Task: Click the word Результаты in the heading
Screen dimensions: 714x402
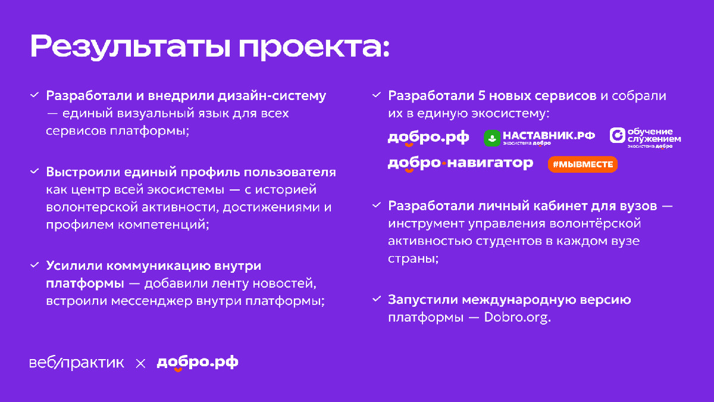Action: tap(130, 47)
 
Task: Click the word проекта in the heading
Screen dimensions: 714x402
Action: tap(310, 48)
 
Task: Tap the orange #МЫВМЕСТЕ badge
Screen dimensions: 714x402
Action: tap(583, 164)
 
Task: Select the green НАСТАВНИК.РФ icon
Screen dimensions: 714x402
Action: tap(492, 138)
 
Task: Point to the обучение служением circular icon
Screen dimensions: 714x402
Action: tap(618, 135)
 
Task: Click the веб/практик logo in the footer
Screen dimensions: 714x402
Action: tap(77, 363)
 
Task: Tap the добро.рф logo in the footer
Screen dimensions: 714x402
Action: tap(198, 363)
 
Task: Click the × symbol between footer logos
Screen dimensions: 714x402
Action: tap(140, 363)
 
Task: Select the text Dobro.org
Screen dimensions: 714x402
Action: tap(517, 317)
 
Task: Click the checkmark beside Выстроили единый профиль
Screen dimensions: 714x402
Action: tap(35, 172)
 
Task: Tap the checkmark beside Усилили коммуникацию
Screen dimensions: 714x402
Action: tap(35, 265)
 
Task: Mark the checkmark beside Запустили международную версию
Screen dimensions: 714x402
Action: tap(377, 299)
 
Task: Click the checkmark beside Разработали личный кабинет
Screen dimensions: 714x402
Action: tap(377, 205)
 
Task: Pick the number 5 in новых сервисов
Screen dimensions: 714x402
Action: tap(481, 96)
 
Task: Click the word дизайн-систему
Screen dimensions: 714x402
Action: tap(272, 96)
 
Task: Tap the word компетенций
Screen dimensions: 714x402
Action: tap(164, 225)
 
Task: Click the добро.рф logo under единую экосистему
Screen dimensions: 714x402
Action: tap(428, 138)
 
